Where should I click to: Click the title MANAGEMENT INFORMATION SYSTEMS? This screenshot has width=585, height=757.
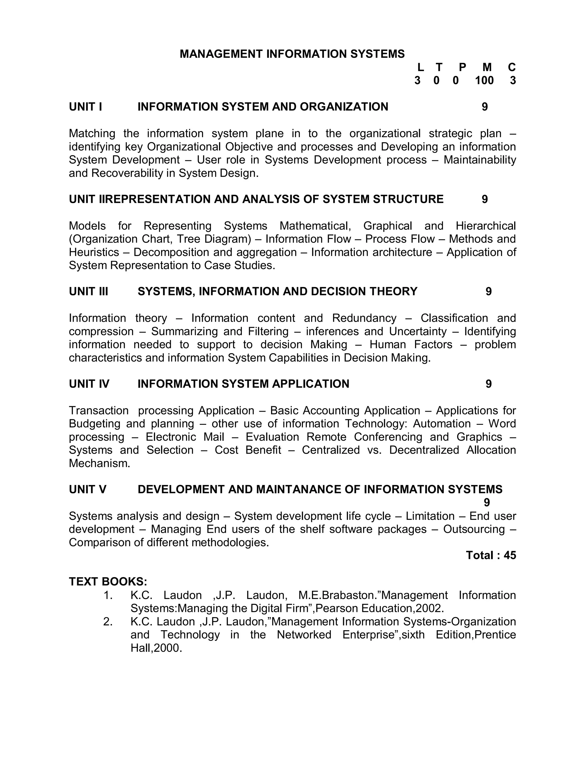(x=292, y=54)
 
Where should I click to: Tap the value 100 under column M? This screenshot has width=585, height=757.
(x=484, y=81)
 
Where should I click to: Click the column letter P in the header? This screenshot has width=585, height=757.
(x=462, y=67)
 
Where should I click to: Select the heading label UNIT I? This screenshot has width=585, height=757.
(x=85, y=107)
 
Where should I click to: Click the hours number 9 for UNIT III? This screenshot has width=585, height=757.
(x=488, y=291)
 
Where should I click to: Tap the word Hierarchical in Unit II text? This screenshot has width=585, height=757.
(x=486, y=226)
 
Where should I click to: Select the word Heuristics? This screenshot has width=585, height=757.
(x=94, y=252)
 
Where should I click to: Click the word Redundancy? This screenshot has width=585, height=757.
(x=364, y=318)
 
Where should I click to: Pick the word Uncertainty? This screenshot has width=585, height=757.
(x=418, y=331)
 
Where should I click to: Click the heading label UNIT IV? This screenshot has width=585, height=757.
(x=89, y=384)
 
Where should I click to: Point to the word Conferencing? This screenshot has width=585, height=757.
(x=388, y=437)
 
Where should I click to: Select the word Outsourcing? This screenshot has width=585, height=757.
(x=474, y=529)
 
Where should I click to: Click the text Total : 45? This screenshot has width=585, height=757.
(x=491, y=555)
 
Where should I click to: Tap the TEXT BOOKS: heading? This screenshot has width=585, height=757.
(x=108, y=582)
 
